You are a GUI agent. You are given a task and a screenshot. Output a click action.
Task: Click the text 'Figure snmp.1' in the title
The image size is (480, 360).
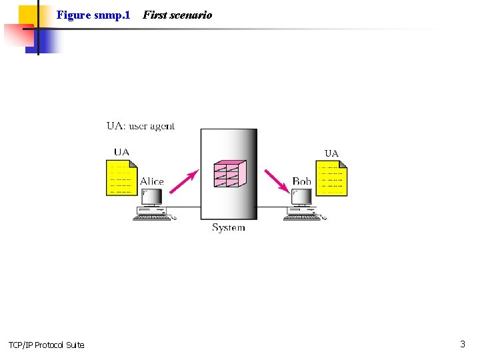click(93, 15)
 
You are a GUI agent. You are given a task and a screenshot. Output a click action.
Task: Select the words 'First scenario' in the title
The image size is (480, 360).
click(177, 15)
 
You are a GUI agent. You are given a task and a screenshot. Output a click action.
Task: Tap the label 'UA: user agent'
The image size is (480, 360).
click(141, 126)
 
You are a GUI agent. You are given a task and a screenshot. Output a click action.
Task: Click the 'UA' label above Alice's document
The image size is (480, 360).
click(121, 152)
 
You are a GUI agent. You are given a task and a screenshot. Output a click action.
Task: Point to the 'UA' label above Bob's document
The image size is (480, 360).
click(331, 153)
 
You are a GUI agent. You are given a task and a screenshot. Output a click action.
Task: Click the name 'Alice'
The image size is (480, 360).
click(152, 181)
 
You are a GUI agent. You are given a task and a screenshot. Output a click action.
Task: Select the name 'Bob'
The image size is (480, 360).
click(302, 181)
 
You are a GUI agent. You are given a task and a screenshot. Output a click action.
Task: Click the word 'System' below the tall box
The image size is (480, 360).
click(229, 227)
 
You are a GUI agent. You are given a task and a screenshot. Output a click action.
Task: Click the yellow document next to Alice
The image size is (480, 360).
click(121, 178)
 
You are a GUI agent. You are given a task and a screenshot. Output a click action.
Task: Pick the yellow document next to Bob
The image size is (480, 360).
click(331, 179)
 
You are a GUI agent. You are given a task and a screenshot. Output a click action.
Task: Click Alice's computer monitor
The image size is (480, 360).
click(152, 197)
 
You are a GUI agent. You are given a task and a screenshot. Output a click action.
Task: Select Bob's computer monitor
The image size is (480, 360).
click(302, 197)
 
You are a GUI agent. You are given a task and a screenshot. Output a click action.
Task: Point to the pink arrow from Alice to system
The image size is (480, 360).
click(185, 181)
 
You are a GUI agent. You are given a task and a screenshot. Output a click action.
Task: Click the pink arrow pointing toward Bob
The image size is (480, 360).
click(276, 181)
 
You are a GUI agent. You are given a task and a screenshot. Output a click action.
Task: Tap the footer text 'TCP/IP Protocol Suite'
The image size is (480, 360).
click(47, 345)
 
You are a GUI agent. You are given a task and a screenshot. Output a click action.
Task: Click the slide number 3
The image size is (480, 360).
click(462, 344)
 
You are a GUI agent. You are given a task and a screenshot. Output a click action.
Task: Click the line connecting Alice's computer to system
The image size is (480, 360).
click(183, 207)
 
